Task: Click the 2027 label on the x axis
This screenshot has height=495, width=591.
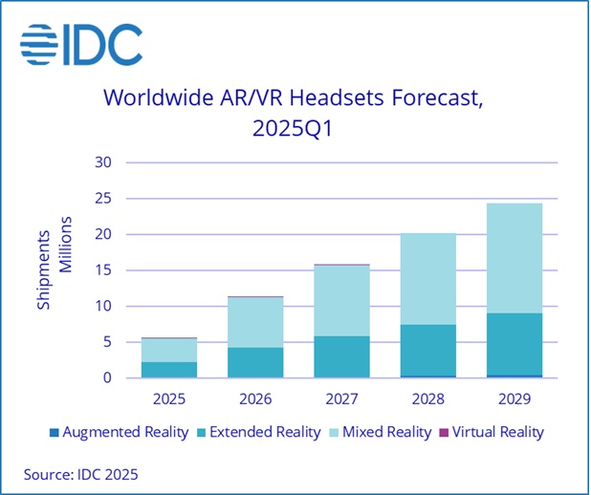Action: click(341, 395)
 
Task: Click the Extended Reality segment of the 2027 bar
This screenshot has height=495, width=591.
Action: click(341, 356)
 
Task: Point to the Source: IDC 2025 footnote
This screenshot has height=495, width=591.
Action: click(81, 472)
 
